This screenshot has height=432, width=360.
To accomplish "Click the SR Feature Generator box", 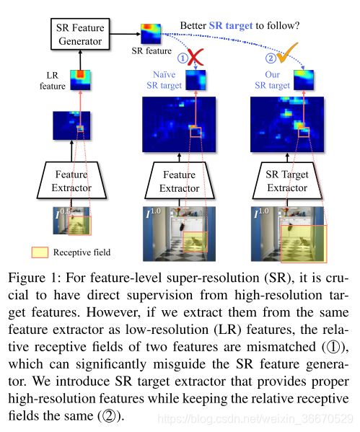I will pos(80,33).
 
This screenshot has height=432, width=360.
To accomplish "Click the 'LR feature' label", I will pos(50,81).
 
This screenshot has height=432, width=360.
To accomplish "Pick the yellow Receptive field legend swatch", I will pos(39,252).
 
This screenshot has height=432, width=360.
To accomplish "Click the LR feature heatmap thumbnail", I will pos(79,79).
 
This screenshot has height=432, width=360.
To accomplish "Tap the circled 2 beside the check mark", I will pos(271,57).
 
